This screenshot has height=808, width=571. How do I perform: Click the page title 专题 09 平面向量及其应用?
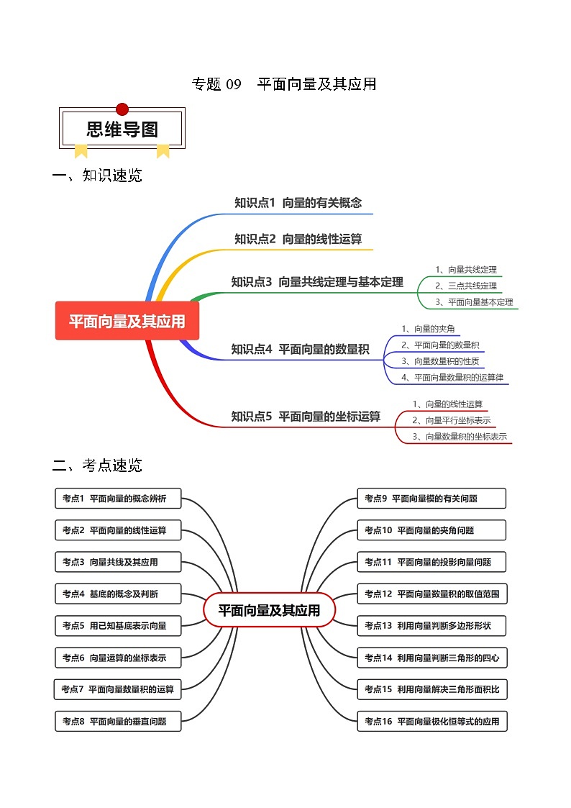click(284, 84)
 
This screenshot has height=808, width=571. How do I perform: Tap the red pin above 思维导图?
click(122, 109)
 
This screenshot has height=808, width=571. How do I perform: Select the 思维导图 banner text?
click(122, 130)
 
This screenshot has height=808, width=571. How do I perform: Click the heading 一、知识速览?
click(98, 176)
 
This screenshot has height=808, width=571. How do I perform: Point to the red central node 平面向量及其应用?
click(127, 322)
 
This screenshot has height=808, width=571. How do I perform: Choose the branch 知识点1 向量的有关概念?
click(298, 203)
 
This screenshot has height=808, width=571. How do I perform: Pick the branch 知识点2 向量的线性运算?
click(298, 239)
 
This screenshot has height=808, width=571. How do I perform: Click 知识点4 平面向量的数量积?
click(300, 349)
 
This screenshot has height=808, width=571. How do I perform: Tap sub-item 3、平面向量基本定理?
click(474, 302)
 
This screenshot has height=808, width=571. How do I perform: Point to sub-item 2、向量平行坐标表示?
click(451, 420)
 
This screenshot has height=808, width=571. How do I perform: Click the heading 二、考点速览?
click(98, 466)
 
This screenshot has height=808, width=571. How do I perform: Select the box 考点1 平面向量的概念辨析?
click(118, 498)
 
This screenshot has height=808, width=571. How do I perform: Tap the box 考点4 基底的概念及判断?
click(118, 594)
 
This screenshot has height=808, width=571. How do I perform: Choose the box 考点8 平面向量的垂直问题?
click(118, 721)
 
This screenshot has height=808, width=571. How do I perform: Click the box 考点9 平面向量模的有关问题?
click(431, 498)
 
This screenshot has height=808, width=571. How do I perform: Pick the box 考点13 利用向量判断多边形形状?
click(432, 625)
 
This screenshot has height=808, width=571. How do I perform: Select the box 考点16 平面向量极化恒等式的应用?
click(432, 721)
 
